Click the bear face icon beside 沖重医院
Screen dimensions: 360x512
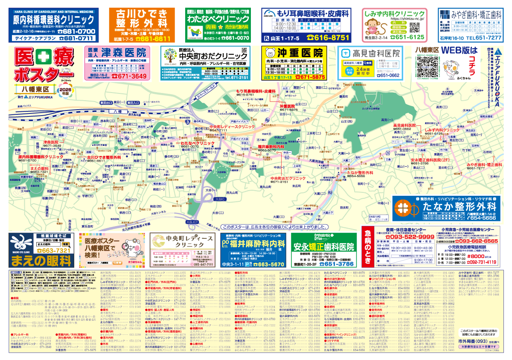(x=270, y=53)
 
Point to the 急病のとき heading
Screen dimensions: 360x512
(x=368, y=247)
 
